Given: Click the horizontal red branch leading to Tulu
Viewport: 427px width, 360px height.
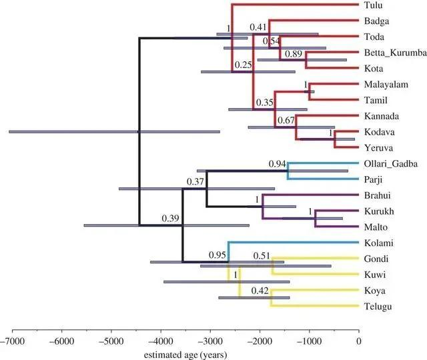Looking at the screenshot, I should (x=294, y=5).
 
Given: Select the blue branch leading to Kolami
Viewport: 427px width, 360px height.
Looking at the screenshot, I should (x=294, y=243).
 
